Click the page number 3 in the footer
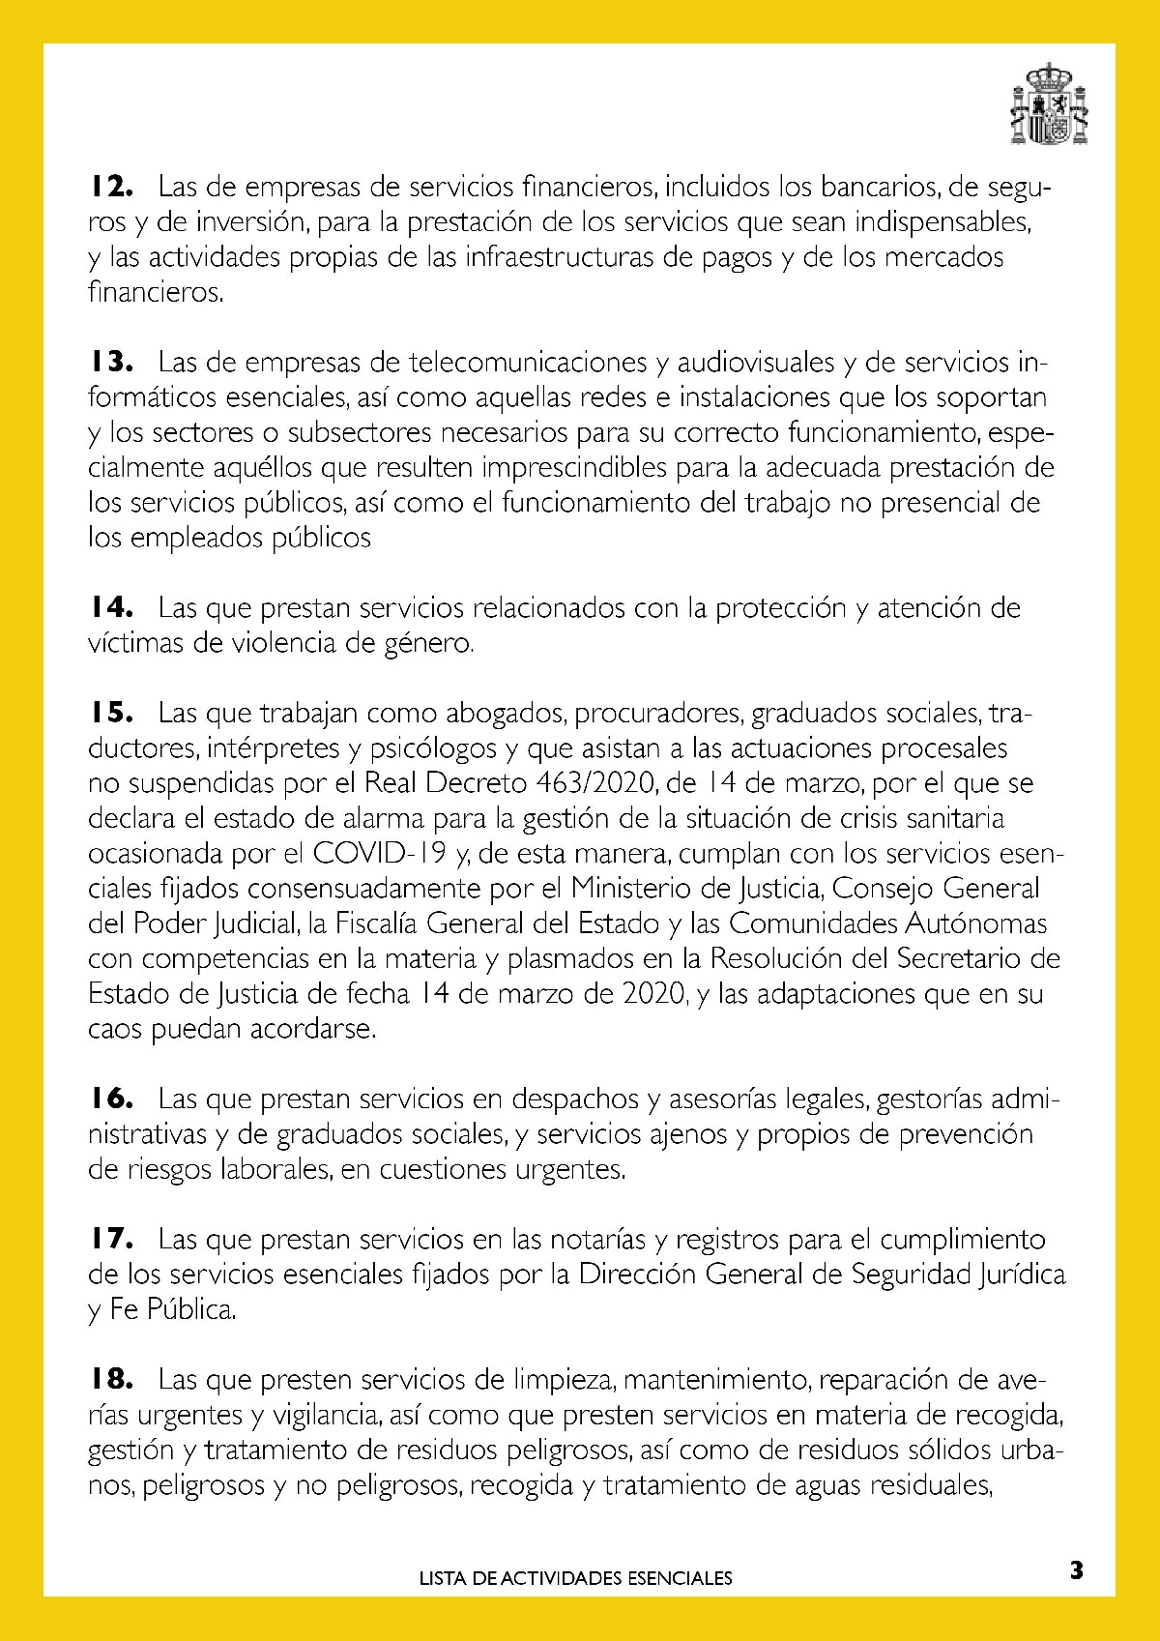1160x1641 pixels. pyautogui.click(x=1076, y=1570)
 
